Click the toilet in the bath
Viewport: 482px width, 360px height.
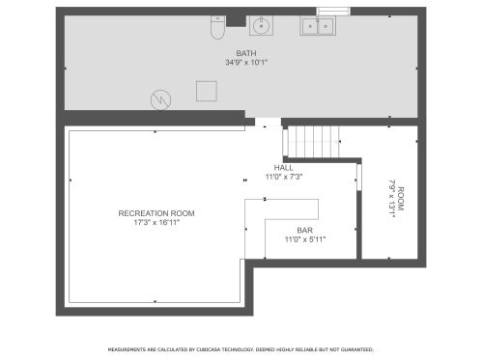[x=218, y=28]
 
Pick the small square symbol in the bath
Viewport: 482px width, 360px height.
[x=206, y=91]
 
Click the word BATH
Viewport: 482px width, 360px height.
[x=246, y=53]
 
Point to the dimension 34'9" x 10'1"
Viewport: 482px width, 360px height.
[x=246, y=63]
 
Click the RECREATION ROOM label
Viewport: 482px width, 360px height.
[x=156, y=212]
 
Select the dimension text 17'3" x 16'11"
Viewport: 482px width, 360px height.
[x=156, y=222]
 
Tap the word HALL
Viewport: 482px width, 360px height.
[x=284, y=168]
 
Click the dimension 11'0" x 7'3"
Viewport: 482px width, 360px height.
[x=284, y=177]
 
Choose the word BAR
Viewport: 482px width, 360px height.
[x=304, y=231]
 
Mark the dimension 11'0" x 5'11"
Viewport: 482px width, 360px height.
[x=304, y=239]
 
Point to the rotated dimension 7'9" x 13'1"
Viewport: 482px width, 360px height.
[x=391, y=198]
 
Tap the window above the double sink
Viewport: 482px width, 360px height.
[x=331, y=13]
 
